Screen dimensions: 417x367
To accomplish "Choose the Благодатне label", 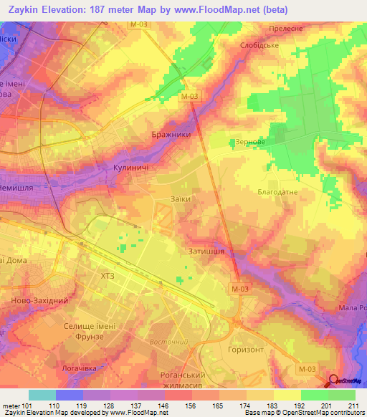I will click(277, 193).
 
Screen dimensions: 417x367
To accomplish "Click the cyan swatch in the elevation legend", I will click(42, 395).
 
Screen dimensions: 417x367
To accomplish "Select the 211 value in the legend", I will click(351, 406).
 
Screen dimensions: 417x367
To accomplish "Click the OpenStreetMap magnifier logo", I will click(334, 382).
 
